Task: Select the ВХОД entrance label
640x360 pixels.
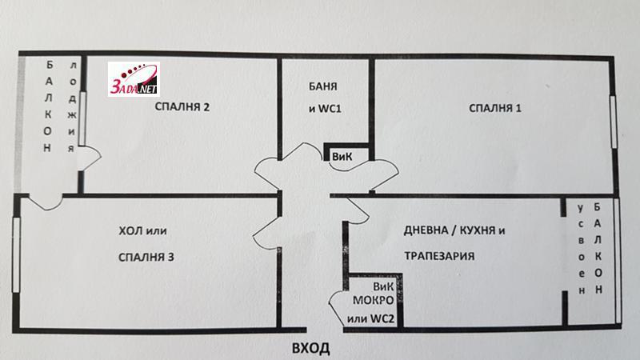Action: point(310,349)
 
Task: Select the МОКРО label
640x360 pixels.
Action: point(371,302)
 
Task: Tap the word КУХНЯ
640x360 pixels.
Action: point(479,231)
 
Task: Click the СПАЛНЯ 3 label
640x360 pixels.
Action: point(146,257)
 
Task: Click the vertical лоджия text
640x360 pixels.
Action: point(72,107)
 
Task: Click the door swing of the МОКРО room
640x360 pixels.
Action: point(336,308)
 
